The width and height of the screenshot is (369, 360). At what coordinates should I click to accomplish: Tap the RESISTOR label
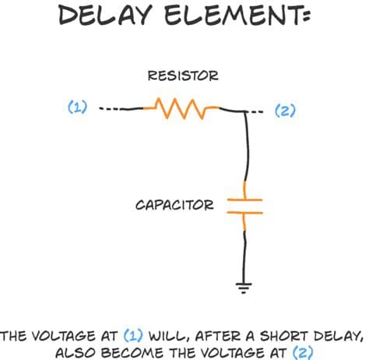click(183, 76)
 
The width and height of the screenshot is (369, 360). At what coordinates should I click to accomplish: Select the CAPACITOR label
click(174, 205)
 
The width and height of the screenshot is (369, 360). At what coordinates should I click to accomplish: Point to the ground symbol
click(244, 288)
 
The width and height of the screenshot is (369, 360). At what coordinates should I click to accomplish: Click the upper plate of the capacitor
click(245, 199)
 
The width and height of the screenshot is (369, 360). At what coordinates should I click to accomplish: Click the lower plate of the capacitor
click(245, 213)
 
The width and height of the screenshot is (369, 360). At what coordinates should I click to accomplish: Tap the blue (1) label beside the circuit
click(78, 107)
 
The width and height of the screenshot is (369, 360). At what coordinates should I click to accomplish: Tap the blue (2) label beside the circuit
click(285, 111)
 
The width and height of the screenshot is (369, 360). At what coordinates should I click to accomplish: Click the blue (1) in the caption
click(133, 336)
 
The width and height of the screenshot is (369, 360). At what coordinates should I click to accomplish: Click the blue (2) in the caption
click(303, 352)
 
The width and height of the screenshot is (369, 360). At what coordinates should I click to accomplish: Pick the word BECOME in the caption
click(132, 353)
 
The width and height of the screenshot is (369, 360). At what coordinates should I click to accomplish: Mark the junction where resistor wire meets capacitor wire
click(245, 111)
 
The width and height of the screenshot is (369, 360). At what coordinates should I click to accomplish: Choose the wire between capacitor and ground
click(244, 256)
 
